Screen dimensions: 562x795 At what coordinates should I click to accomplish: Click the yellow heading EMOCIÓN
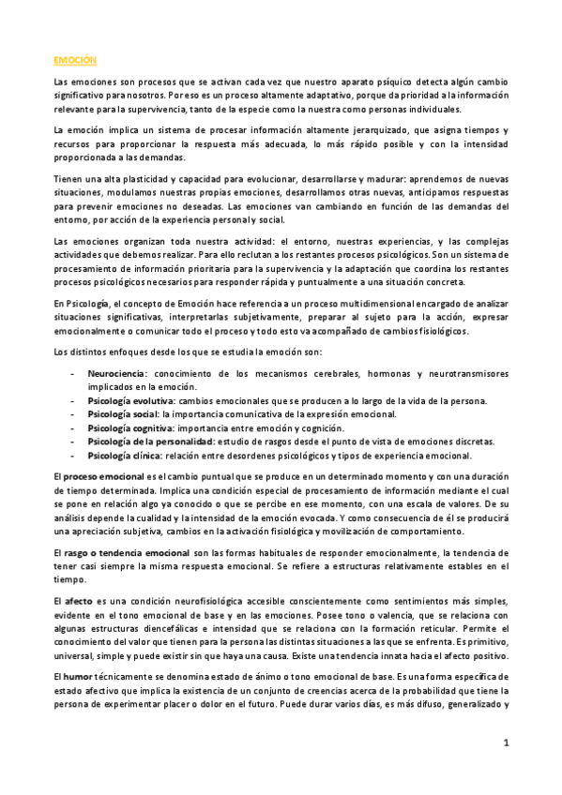pos(75,59)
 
